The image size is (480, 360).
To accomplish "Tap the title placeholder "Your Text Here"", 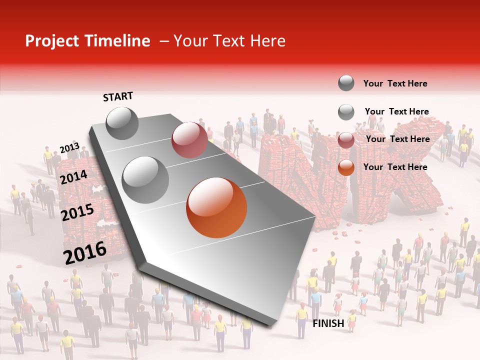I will (x=229, y=41).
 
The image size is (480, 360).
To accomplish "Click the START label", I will (x=118, y=96).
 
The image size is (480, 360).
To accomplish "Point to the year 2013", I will (x=69, y=148).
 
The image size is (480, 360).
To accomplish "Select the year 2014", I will (x=74, y=177).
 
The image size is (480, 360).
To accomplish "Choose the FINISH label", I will (x=328, y=323).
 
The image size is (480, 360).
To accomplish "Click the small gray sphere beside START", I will (x=122, y=123).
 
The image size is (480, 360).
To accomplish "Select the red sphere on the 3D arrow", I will (x=189, y=139).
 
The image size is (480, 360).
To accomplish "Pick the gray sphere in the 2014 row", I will (x=145, y=179).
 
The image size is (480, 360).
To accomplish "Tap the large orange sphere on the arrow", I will (x=216, y=207).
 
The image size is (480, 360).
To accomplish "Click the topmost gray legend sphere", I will (x=346, y=83).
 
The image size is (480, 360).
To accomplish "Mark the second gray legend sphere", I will (x=346, y=112).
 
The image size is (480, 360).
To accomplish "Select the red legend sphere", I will (x=346, y=140).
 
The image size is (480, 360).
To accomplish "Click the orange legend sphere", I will (x=346, y=167).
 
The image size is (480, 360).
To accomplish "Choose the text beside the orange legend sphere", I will (x=395, y=167).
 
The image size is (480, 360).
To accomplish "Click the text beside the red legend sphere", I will (x=397, y=139).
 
